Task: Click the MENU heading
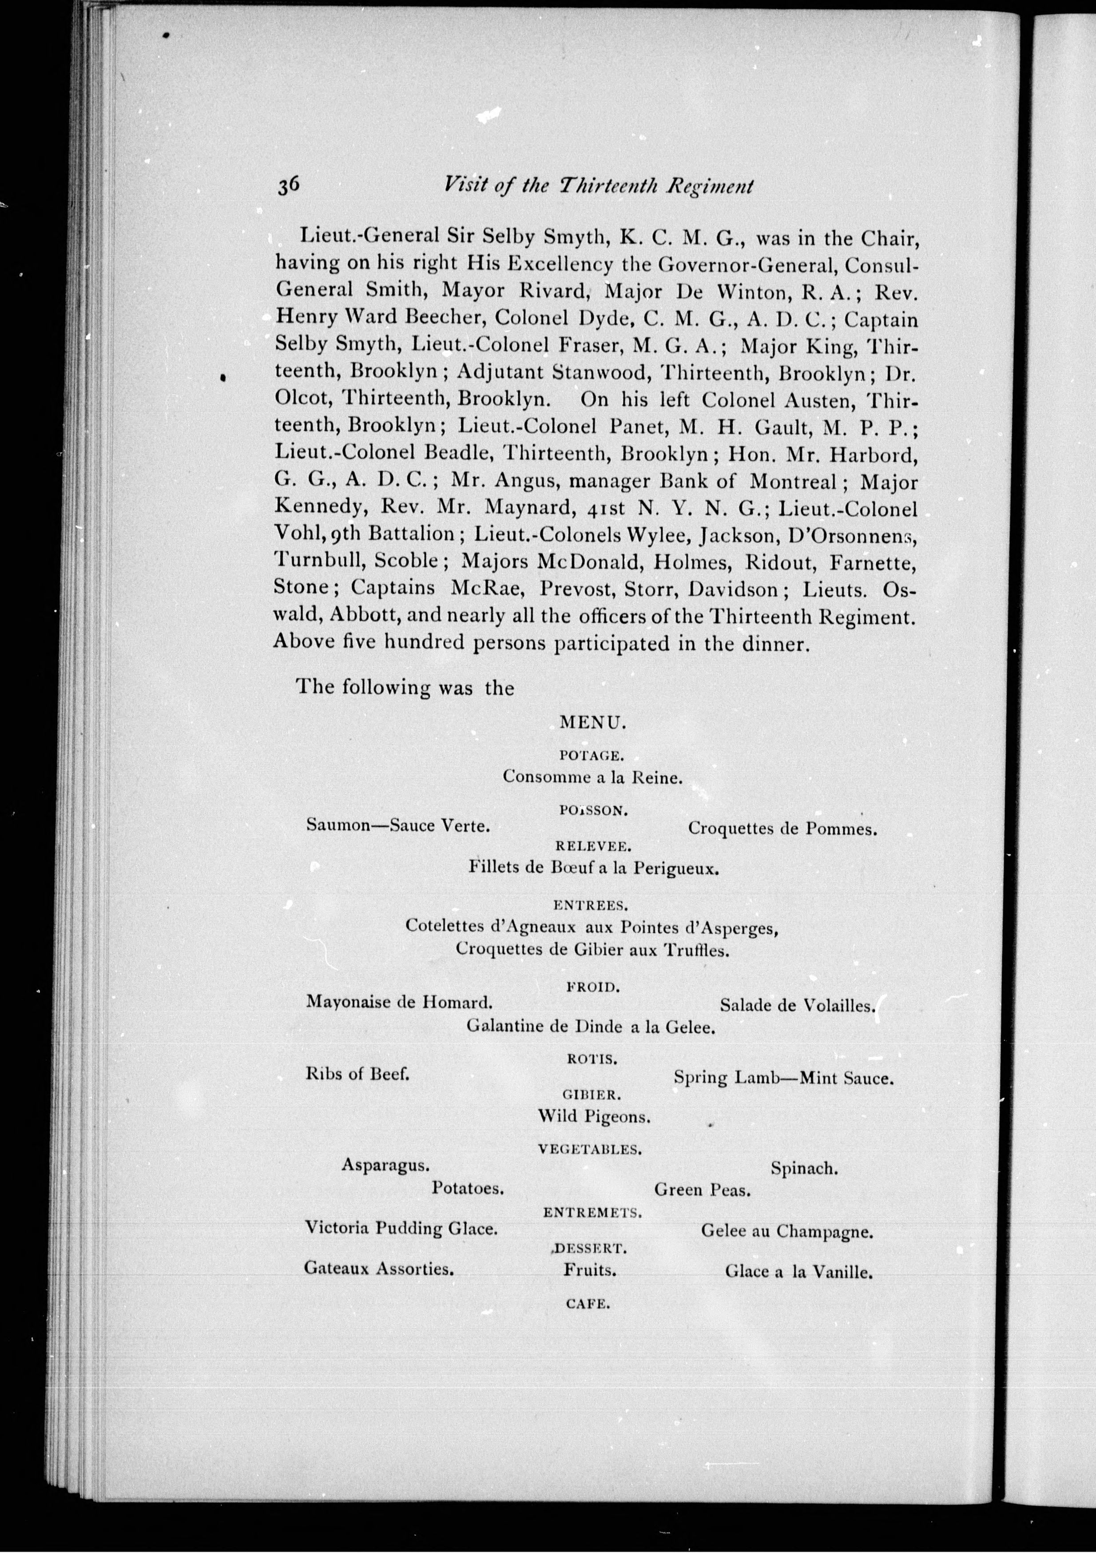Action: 594,723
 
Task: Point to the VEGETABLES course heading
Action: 590,1148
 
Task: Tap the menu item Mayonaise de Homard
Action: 399,1002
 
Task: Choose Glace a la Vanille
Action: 799,1272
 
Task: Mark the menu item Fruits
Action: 590,1270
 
